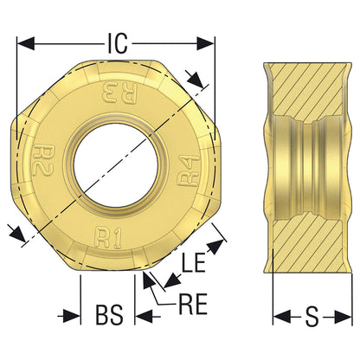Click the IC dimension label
[x=118, y=43]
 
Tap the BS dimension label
[x=109, y=314]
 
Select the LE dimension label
[x=193, y=262]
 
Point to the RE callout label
[x=193, y=305]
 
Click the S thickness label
[x=312, y=317]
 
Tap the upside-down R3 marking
[x=119, y=93]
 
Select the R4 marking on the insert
[x=189, y=171]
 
